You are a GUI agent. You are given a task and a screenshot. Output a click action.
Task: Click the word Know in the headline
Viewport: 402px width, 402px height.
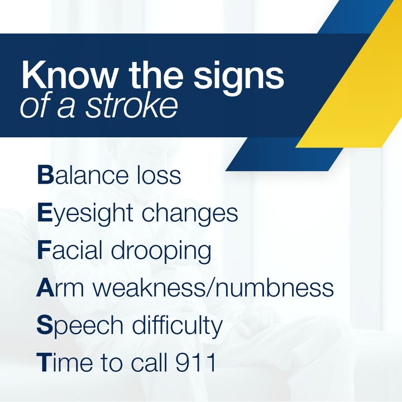coord(69,75)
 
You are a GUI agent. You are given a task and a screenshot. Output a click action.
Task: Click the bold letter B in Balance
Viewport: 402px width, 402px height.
coord(45,175)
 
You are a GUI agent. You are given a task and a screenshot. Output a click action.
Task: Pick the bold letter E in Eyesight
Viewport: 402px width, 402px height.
coord(45,213)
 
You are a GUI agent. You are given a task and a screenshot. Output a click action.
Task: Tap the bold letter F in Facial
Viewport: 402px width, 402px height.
coord(44,250)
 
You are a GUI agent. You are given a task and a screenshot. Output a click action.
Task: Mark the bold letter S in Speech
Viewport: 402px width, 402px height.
coord(45,325)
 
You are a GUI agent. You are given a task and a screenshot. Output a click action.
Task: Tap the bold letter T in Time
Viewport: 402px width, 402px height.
coord(44,362)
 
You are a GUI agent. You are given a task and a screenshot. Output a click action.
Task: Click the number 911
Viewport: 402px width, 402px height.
coord(195,362)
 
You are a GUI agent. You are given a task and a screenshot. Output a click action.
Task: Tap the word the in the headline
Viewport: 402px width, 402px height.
coord(156,75)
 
